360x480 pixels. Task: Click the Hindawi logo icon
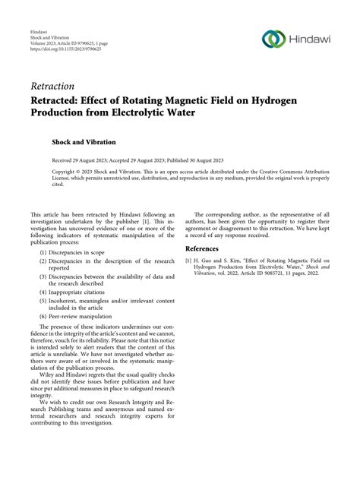(271, 39)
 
